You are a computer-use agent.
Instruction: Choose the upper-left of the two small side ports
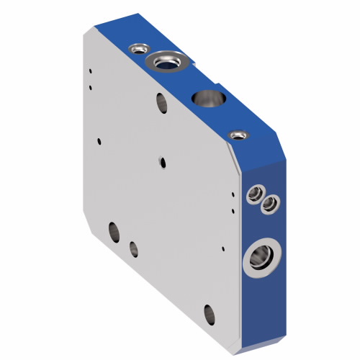point(254,193)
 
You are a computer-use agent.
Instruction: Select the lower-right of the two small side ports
point(269,205)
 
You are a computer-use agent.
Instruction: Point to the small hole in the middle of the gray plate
point(161,160)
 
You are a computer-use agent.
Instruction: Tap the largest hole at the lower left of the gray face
point(114,232)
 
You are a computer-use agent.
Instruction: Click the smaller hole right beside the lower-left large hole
point(133,248)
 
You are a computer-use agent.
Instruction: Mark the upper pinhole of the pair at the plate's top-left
point(91,71)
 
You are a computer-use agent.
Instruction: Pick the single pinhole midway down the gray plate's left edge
point(97,141)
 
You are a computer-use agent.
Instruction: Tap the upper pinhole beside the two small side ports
point(232,192)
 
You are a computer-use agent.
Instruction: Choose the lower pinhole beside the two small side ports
point(233,210)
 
